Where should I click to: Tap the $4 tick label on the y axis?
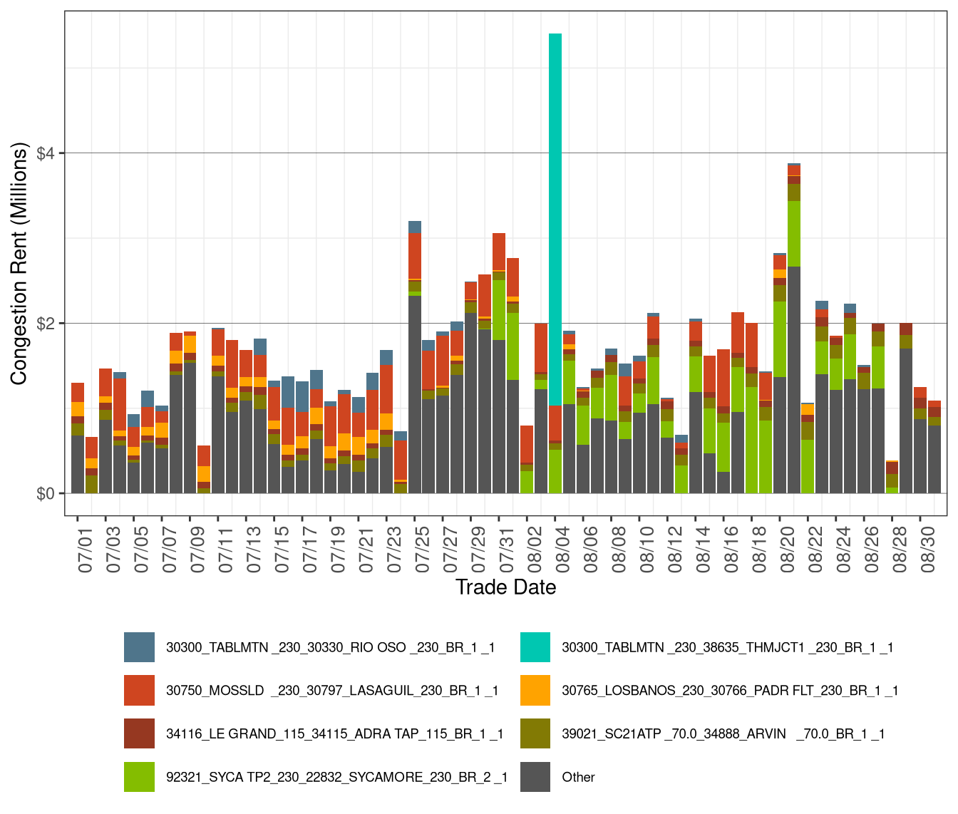(x=49, y=153)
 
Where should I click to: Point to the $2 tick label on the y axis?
(x=49, y=324)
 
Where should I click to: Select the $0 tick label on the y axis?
(x=49, y=494)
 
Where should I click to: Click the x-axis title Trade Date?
(x=505, y=587)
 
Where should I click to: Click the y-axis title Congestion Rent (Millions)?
(x=19, y=264)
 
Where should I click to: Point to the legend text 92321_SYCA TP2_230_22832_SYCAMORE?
(x=336, y=777)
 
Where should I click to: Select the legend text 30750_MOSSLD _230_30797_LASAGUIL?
(x=332, y=691)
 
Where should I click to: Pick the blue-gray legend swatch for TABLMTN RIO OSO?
(x=139, y=647)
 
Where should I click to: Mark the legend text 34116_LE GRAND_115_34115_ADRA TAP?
(x=335, y=734)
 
